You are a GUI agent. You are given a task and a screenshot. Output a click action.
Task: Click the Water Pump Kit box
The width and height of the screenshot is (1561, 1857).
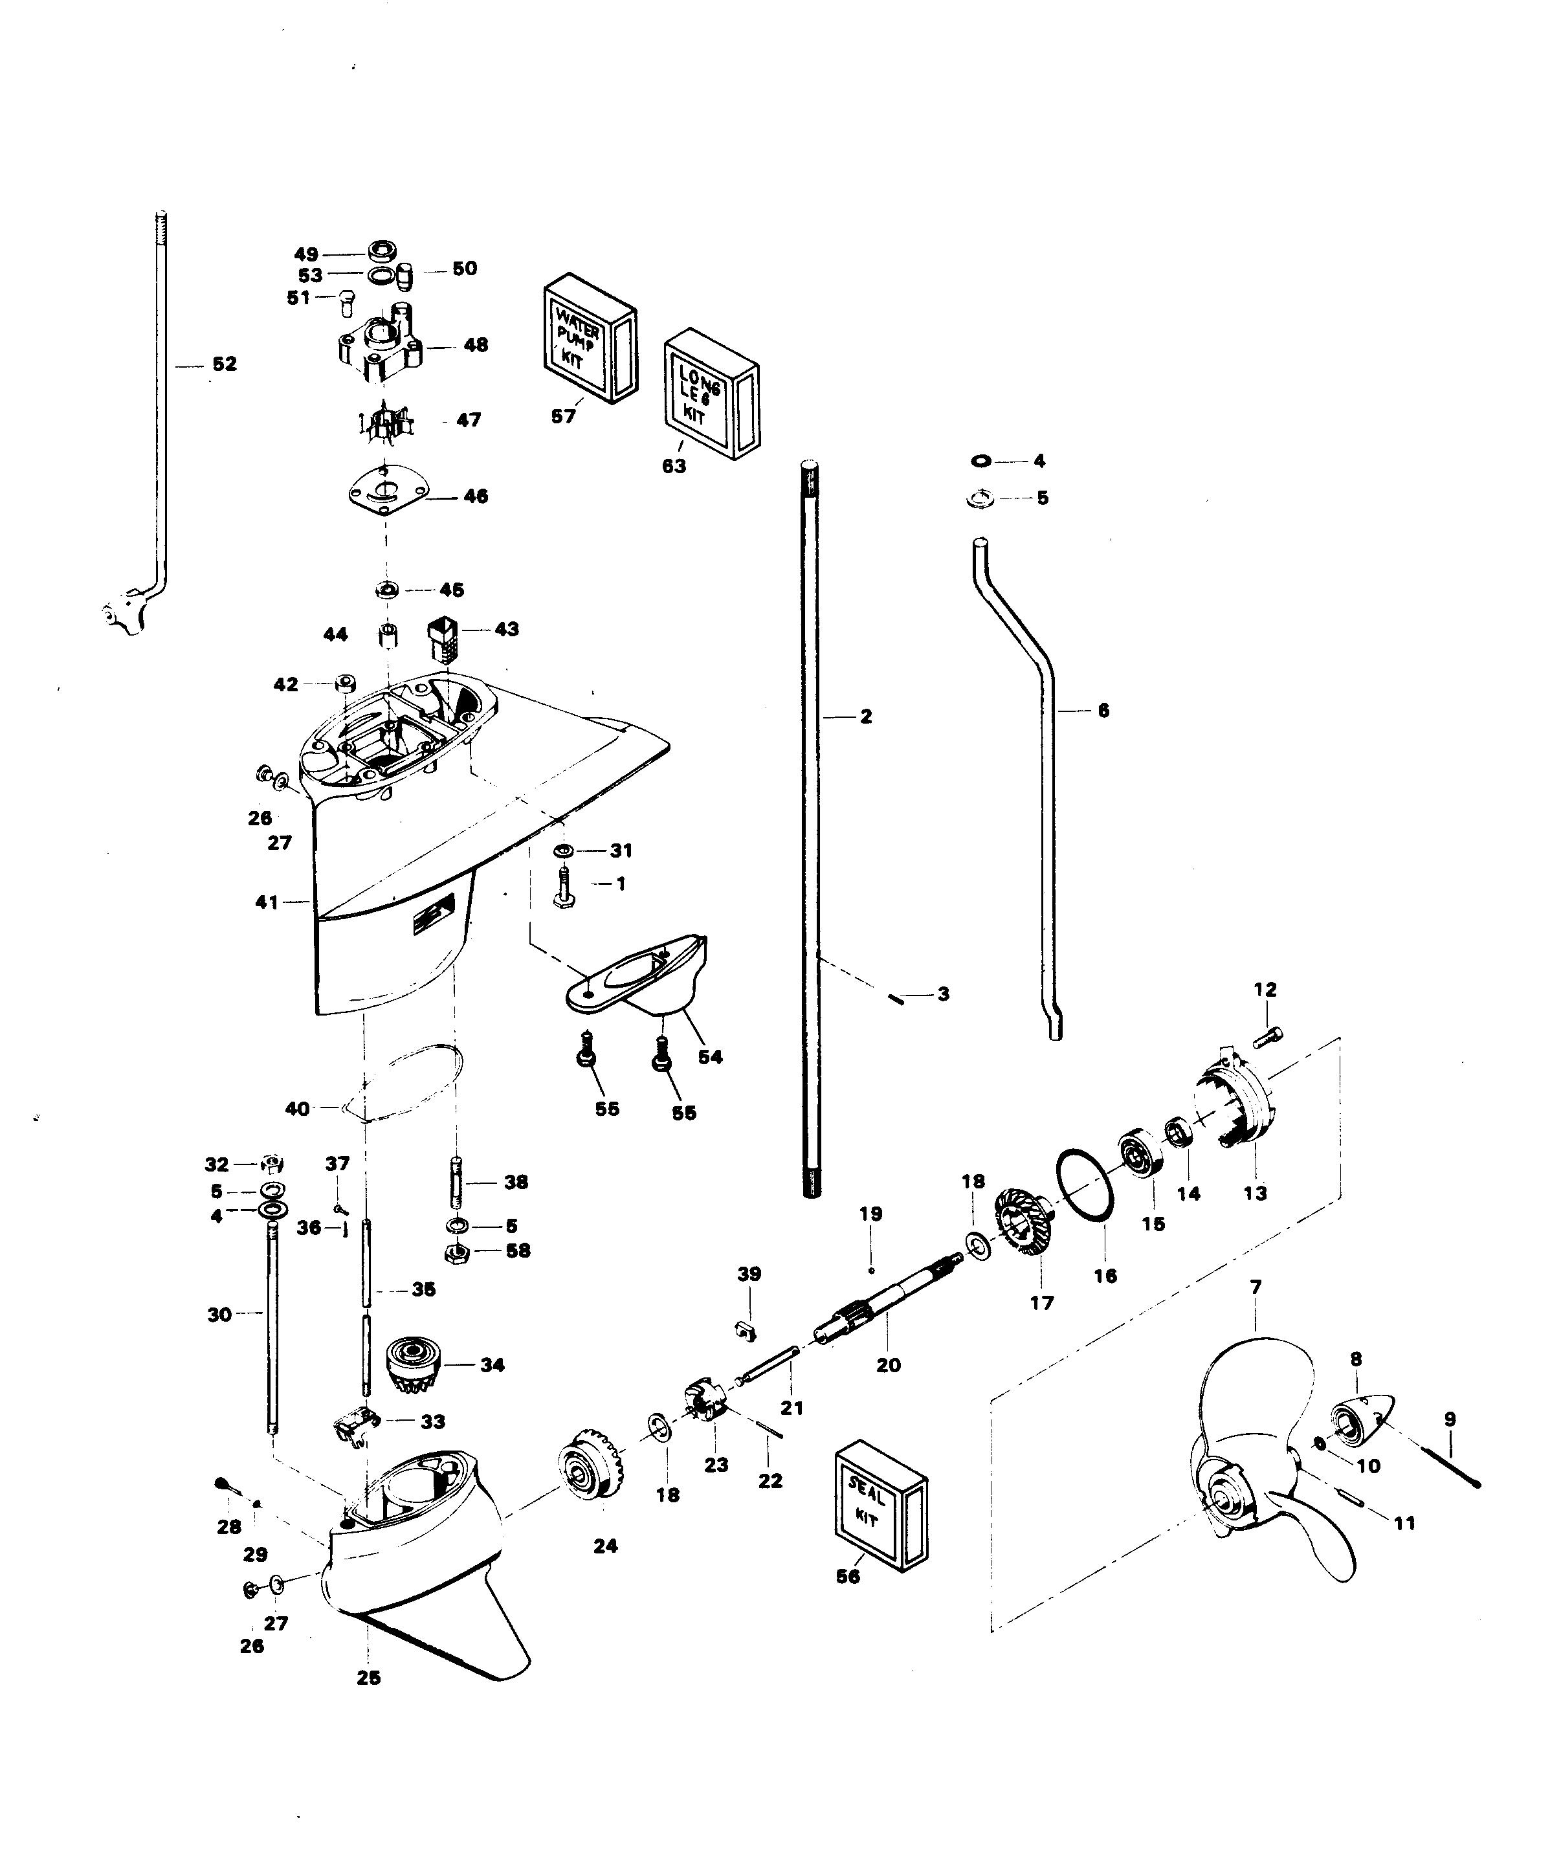588,339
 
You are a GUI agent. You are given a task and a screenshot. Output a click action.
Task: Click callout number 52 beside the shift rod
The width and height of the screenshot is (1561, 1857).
224,364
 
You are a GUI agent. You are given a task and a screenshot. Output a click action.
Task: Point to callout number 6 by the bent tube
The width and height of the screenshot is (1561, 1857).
1103,710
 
